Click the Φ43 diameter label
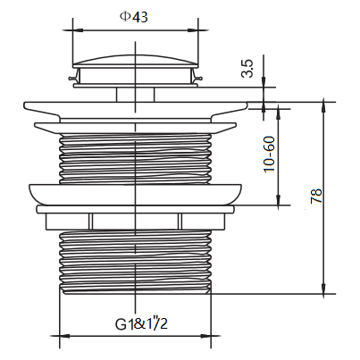134,17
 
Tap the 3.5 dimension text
247,69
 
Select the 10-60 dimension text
269,154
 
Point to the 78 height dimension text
316,196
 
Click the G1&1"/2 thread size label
141,323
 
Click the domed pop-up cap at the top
136,61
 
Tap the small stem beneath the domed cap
136,95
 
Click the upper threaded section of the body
136,158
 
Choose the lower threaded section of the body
136,262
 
